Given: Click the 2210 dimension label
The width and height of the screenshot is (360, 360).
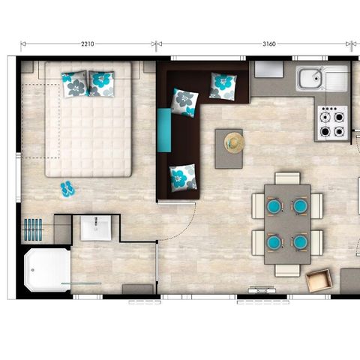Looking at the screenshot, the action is coord(88,44).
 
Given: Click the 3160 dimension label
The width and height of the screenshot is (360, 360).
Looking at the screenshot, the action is coord(269,44).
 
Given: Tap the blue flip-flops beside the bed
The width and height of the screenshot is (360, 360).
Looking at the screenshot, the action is coord(67,189).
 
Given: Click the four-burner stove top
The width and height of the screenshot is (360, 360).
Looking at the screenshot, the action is coord(332,123).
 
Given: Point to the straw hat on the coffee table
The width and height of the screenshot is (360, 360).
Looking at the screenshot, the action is coord(234,142).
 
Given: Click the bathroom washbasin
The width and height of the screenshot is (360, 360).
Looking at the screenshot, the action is coord(96,228).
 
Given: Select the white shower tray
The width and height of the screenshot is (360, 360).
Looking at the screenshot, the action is coord(47,270).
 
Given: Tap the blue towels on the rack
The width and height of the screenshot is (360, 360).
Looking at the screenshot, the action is coord(33,229).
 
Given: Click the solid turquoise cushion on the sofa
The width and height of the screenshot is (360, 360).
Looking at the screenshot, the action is coord(164,130).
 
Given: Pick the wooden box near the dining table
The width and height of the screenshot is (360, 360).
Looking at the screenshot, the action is coord(319,280).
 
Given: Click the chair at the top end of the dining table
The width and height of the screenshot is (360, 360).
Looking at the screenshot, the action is coord(287,178).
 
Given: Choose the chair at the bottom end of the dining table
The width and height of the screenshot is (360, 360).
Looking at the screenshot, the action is coord(287,271).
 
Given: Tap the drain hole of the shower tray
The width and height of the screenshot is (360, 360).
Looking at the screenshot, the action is coord(32,270).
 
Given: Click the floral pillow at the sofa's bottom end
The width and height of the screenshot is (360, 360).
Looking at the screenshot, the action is coord(183,178).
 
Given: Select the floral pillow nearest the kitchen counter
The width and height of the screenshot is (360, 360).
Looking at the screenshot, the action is coord(223,86).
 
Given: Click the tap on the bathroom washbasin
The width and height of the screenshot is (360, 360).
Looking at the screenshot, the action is coord(96,222).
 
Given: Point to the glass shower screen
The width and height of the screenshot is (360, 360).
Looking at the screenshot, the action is coord(82,283).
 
